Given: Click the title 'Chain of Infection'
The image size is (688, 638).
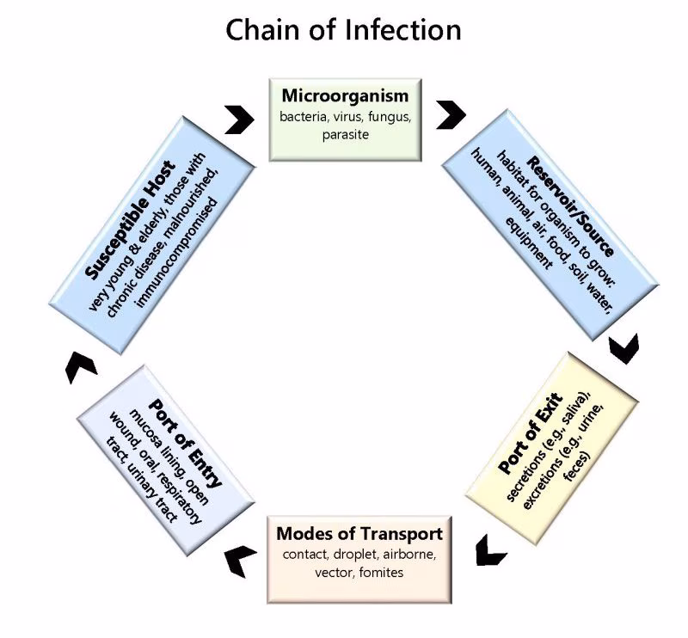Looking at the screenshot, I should [343, 30].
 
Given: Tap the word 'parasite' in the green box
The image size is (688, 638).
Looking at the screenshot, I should [344, 135].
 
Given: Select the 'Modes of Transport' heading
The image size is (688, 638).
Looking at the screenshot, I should [359, 533].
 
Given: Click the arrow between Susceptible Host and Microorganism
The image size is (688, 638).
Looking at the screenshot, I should [239, 120].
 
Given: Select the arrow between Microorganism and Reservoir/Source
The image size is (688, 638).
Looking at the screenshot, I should [450, 114].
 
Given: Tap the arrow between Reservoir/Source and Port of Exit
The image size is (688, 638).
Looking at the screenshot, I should [623, 347].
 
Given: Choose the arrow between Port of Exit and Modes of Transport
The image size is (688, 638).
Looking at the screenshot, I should [491, 549].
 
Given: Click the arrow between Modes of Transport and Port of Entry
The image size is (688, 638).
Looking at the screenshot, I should [241, 561].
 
